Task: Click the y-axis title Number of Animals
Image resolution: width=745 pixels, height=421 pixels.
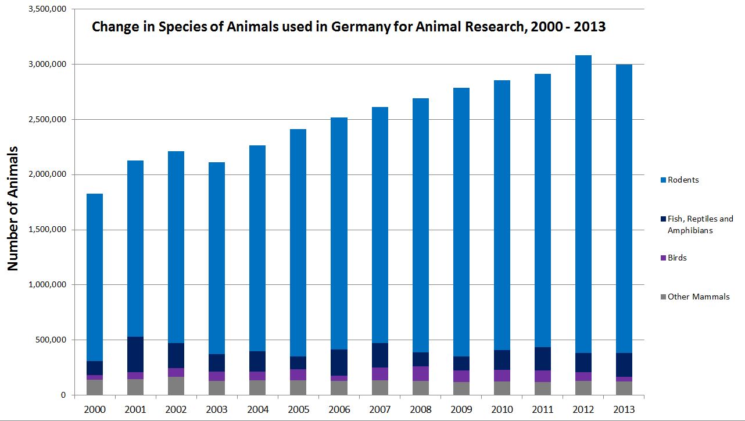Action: pos(13,208)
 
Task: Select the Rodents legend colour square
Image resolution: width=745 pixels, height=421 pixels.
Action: pos(662,180)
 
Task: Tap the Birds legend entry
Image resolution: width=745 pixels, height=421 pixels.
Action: pos(677,258)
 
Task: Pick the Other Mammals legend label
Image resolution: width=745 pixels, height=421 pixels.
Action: pos(698,297)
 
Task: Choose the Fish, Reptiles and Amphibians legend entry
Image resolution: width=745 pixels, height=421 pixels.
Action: pos(700,224)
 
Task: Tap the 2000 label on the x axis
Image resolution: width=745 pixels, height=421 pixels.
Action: pos(95,409)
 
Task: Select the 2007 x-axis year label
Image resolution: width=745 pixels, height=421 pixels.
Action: pos(380,409)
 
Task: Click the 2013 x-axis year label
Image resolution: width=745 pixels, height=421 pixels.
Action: pos(625,409)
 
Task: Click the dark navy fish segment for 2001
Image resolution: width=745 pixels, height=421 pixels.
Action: pos(135,354)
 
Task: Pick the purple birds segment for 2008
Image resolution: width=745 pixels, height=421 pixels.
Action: pos(421,373)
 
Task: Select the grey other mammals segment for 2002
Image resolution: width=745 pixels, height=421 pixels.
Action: pos(176,386)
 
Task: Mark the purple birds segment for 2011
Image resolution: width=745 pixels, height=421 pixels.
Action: pos(543,376)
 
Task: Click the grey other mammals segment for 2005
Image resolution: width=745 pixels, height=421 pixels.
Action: pos(299,387)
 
